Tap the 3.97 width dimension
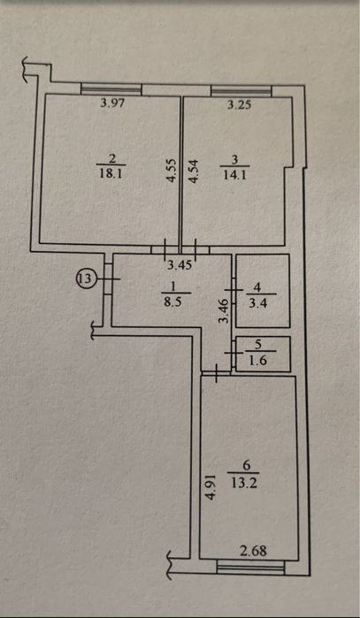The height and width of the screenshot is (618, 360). (112, 104)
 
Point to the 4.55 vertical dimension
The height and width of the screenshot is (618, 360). (171, 171)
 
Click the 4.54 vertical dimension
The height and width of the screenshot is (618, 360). (193, 171)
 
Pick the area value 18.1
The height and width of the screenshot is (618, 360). (111, 174)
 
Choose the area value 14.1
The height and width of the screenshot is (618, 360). (234, 174)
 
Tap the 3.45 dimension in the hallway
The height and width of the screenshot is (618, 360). (180, 265)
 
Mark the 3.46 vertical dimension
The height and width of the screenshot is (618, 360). (224, 310)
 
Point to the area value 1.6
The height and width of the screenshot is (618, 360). (258, 360)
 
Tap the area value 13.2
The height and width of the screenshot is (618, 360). (246, 483)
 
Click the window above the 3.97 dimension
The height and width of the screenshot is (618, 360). (111, 89)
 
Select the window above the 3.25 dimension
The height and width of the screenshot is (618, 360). (241, 91)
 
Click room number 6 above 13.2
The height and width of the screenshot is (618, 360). (247, 465)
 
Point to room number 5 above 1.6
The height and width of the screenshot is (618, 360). (258, 346)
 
